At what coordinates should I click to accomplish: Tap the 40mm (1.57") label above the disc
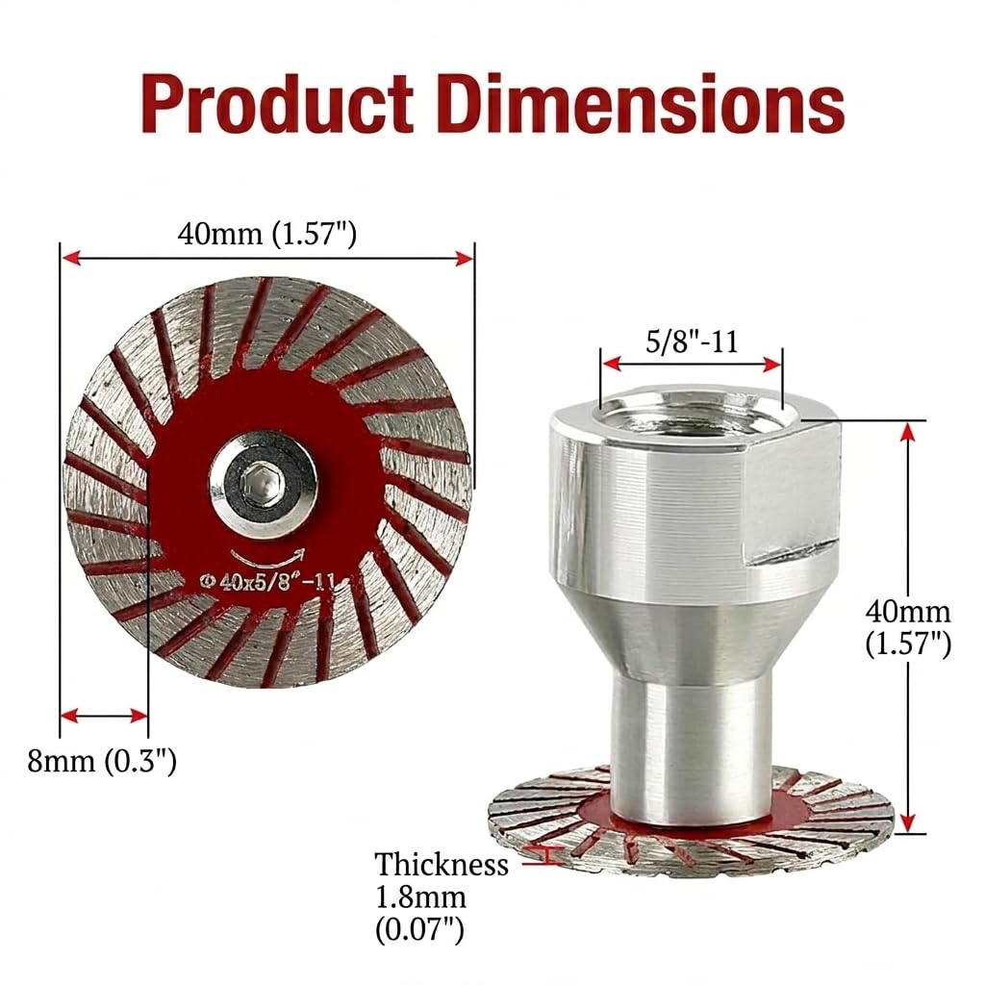point(267,235)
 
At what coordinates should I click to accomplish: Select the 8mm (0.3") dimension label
point(102,761)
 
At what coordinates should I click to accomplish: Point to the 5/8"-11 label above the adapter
point(692,341)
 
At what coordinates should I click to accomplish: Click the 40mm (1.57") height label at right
point(908,627)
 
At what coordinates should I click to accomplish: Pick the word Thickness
point(441,865)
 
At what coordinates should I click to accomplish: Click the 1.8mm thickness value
point(420,897)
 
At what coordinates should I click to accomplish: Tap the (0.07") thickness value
point(419,930)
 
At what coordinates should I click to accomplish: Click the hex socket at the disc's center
point(264,485)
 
